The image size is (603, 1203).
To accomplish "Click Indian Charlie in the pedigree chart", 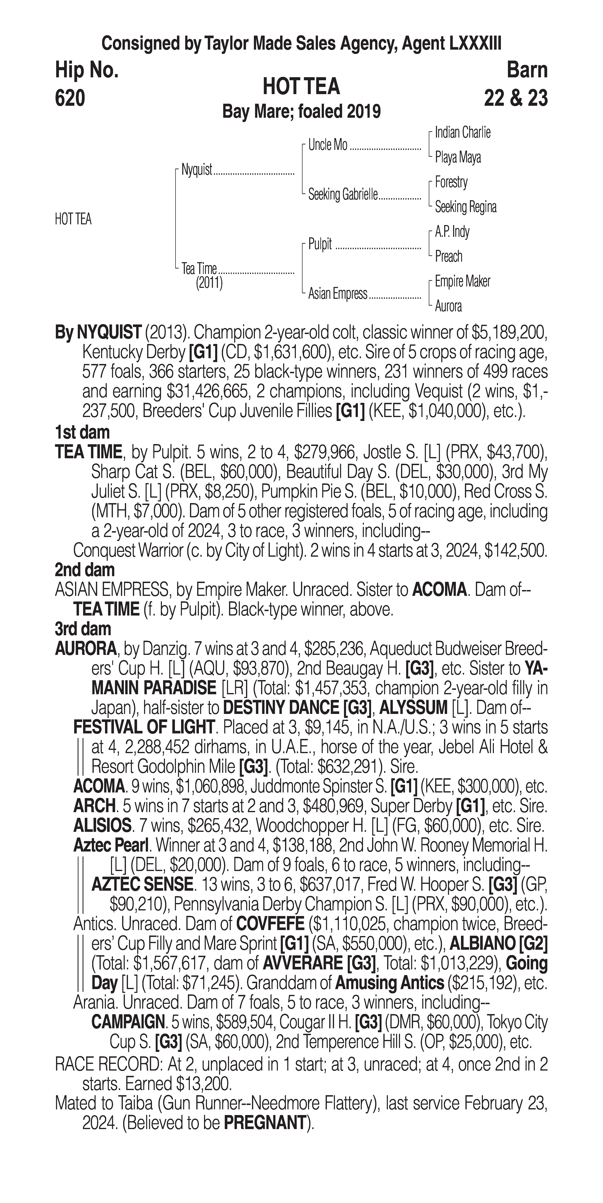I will pyautogui.click(x=462, y=133).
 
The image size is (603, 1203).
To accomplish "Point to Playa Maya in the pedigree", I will pyautogui.click(x=458, y=157).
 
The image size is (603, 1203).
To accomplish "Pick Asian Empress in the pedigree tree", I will pyautogui.click(x=337, y=294).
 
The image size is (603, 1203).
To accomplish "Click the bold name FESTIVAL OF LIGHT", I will pyautogui.click(x=144, y=727).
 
